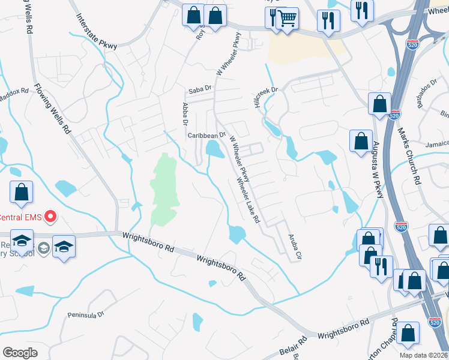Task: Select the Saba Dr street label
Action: [x=200, y=89]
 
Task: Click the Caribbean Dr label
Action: [x=206, y=136]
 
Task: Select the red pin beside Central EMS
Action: [x=50, y=216]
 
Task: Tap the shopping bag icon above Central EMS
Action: [x=21, y=193]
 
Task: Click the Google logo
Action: [x=20, y=352]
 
